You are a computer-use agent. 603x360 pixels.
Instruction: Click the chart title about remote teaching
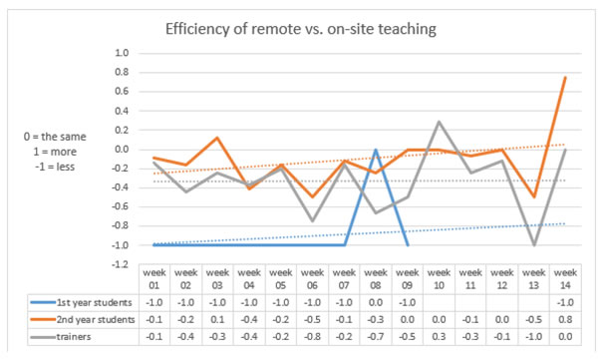click(302, 29)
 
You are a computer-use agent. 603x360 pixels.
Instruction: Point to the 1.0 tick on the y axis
click(122, 52)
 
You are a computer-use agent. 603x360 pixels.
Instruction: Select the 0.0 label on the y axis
click(122, 150)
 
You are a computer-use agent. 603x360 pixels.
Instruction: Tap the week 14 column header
click(563, 277)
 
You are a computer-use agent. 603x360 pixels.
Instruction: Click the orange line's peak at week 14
click(565, 78)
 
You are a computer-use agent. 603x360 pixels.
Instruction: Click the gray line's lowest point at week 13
click(534, 245)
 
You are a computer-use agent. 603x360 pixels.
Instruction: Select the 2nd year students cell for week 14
click(563, 319)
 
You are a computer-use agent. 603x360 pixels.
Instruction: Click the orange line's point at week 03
click(217, 138)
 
